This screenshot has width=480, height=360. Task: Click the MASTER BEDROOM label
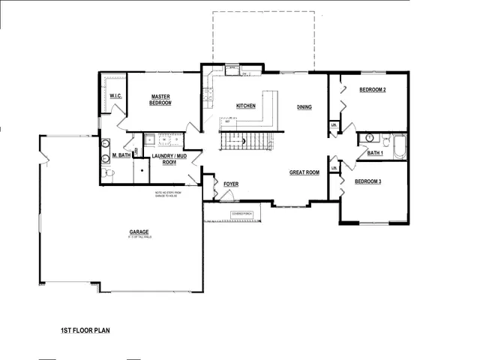point(161,100)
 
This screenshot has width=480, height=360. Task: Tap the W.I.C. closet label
point(116,97)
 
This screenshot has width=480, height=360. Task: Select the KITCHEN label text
point(246,106)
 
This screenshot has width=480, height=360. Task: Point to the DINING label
point(304,106)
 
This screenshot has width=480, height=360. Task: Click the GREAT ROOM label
point(304,172)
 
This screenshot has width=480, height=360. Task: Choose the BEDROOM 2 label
point(372,90)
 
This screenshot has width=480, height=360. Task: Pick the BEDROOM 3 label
point(368,181)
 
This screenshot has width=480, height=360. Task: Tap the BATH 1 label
point(375,153)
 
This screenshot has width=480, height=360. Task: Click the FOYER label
point(231,181)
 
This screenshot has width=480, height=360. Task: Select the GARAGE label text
point(138,232)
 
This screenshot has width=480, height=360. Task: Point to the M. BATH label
point(122,155)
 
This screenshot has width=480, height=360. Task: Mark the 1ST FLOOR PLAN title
point(86,329)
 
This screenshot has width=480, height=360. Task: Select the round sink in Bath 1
point(369,139)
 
